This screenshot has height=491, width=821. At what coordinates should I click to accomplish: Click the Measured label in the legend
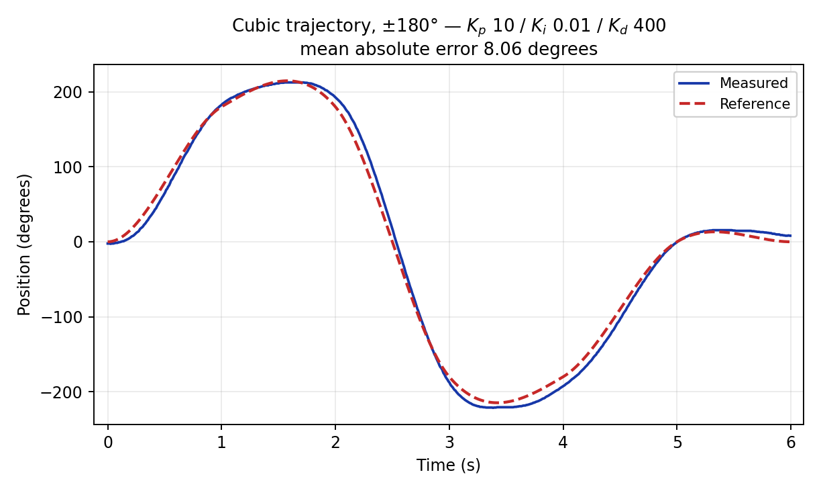[x=753, y=83]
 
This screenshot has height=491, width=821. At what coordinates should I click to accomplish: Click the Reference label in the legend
[x=755, y=104]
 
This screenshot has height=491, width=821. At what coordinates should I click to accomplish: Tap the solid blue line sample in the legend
[x=694, y=83]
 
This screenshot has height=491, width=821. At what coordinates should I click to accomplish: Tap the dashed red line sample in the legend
[x=694, y=104]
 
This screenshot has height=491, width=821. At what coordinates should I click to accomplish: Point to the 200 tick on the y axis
[x=67, y=93]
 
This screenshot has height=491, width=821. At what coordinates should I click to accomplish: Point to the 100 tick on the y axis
[x=67, y=167]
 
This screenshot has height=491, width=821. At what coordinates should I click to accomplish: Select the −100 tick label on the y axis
[x=62, y=317]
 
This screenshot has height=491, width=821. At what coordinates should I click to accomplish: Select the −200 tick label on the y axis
[x=62, y=392]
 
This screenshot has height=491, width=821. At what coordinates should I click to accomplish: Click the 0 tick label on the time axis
[x=108, y=443]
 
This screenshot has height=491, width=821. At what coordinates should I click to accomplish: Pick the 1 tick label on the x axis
[x=221, y=443]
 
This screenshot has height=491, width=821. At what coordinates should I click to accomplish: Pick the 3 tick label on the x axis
[x=449, y=443]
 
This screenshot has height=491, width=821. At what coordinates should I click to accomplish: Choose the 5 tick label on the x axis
[x=677, y=443]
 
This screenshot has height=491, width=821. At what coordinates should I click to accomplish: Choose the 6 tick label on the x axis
[x=791, y=443]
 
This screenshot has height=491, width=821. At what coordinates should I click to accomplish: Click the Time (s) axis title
[x=448, y=465]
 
